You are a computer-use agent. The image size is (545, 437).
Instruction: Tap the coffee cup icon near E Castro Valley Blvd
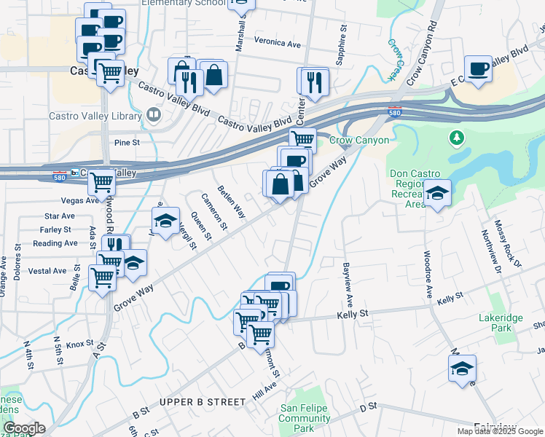pos(478,68)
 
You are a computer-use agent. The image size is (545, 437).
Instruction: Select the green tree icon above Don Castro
pos(456,137)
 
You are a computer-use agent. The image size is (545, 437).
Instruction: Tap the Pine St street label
pos(126,143)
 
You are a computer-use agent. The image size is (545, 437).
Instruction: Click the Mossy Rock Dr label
pos(508,245)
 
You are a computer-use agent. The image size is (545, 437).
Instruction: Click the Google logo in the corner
pos(24,428)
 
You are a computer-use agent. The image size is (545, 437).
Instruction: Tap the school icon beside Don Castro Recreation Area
pos(437,193)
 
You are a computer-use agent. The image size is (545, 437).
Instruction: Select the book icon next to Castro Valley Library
pos(153,114)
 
